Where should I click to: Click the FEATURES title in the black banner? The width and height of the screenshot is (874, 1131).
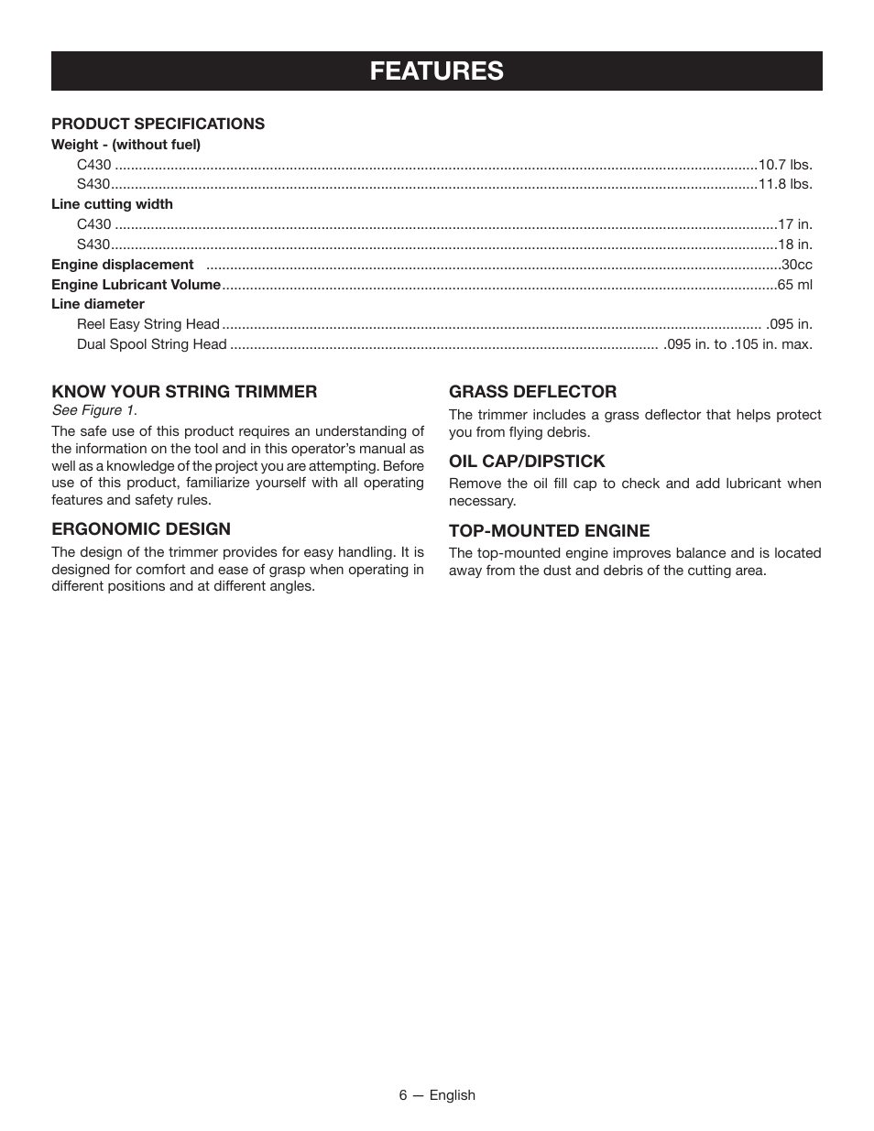point(437,71)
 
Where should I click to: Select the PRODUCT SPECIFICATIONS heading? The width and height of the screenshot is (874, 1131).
point(158,124)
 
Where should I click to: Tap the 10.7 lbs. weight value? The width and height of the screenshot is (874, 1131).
point(785,165)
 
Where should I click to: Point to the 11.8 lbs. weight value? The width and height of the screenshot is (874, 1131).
point(785,184)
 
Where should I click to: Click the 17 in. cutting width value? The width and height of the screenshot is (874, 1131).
point(794,224)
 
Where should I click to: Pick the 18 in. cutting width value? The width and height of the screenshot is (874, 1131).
point(794,245)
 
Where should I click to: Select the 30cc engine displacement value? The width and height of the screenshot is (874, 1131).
point(796,265)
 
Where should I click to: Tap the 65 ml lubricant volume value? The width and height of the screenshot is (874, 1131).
point(794,285)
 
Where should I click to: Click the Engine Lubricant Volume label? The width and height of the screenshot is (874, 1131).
point(136,285)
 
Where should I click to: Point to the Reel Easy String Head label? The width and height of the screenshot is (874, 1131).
point(148,324)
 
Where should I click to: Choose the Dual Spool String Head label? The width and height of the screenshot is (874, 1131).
point(151,344)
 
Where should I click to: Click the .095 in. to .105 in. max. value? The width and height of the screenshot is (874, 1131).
point(737,344)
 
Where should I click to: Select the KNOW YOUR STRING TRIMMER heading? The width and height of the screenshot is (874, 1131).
point(184,392)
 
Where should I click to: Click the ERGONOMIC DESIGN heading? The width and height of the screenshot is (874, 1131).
point(141,529)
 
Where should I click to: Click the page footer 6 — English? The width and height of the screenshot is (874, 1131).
point(437,1095)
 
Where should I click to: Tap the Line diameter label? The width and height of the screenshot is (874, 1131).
point(98,304)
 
